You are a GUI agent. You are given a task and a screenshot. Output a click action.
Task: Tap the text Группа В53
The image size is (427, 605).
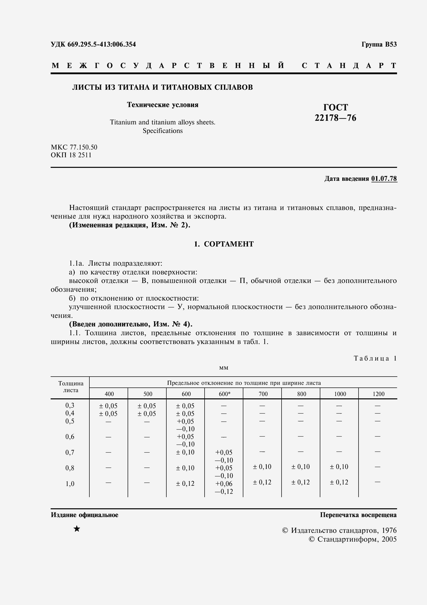pos(379,44)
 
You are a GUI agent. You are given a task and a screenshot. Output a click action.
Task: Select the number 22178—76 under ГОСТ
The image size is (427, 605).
pos(336,118)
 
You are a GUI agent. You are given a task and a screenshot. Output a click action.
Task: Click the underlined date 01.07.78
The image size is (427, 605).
pos(384,179)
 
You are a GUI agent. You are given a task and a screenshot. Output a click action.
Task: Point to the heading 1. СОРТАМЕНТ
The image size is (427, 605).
pos(224,244)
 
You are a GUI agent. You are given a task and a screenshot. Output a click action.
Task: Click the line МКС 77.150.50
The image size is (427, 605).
pos(74,147)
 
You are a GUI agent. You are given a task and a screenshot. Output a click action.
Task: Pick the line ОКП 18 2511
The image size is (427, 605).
pos(71,155)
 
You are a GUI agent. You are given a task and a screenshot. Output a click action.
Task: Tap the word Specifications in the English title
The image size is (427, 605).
pos(162,131)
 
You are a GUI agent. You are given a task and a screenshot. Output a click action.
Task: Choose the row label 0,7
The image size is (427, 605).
pos(70,453)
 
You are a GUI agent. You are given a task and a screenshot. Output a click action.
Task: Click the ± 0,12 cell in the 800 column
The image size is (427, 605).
pos(300,482)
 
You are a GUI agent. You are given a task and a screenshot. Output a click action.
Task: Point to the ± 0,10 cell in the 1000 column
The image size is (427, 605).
pos(339,467)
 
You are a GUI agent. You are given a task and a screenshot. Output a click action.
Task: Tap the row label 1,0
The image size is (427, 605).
pos(70,484)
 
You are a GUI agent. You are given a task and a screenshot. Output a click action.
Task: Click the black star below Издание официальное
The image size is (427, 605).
pos(77,529)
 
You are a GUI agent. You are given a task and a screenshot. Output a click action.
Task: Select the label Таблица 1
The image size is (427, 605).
pos(375,358)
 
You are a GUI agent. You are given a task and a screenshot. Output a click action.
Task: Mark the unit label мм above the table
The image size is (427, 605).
pos(224,368)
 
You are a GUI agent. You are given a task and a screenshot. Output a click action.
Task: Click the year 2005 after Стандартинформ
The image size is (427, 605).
pos(389,539)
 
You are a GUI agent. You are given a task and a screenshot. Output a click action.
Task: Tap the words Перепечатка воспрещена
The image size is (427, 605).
pos(358,515)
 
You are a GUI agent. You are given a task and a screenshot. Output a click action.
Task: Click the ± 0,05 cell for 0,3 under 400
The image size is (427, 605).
pos(108,406)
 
